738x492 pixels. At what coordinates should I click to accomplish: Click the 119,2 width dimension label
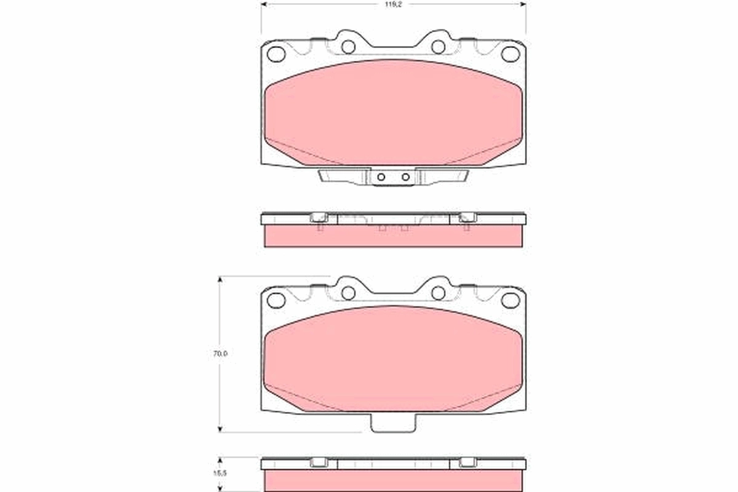point(394,4)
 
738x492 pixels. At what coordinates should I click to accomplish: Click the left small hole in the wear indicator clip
point(381,177)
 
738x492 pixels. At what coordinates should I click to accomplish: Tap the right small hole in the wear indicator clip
point(405,177)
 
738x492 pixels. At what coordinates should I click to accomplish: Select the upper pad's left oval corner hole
point(276,54)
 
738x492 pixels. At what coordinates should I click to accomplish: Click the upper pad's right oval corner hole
point(510,54)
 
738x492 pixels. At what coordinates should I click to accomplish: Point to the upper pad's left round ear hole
point(348,47)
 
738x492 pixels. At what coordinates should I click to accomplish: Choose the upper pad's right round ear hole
point(438,47)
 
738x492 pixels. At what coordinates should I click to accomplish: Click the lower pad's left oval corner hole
point(276,300)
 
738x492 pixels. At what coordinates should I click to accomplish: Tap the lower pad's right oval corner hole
point(510,300)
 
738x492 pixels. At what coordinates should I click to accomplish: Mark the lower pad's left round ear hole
point(348,293)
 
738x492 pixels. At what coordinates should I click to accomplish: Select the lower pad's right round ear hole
point(438,293)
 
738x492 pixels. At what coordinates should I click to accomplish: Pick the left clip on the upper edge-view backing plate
point(319,217)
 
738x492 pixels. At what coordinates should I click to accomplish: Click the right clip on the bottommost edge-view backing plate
point(467,462)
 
